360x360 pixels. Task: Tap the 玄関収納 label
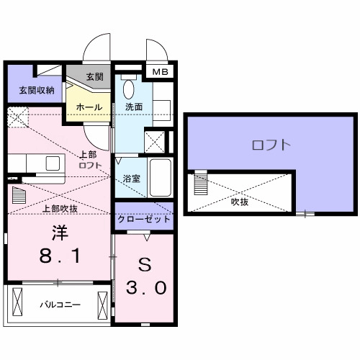tap(30, 91)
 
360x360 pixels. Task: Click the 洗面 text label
tap(135, 107)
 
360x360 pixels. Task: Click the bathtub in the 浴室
tap(159, 176)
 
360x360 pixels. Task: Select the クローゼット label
tap(145, 219)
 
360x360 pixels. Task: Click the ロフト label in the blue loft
tap(271, 145)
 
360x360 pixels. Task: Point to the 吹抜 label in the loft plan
tap(240, 203)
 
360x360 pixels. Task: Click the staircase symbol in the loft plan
tap(200, 186)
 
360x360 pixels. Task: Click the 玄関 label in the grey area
tap(94, 77)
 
